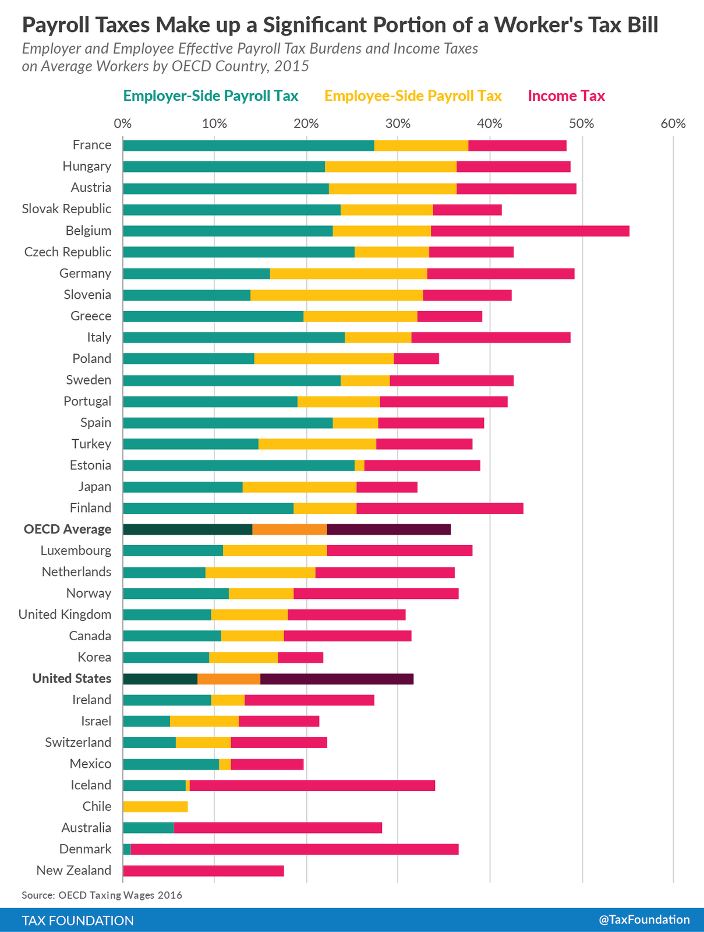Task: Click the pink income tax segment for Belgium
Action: (x=530, y=231)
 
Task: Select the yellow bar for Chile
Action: (x=155, y=806)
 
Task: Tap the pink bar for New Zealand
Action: (x=203, y=870)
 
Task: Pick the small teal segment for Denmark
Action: (x=127, y=849)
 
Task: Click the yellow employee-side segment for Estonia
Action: (x=359, y=465)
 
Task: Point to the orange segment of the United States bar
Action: (x=229, y=679)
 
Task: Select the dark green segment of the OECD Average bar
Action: (x=188, y=529)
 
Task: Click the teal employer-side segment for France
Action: (x=249, y=146)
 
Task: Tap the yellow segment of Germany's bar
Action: (x=348, y=273)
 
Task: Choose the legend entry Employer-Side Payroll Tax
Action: (x=210, y=96)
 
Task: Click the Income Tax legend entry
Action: (x=566, y=96)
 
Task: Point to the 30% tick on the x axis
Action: (x=398, y=123)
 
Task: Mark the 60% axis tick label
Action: (x=674, y=123)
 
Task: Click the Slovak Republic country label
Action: (x=66, y=209)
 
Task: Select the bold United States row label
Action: (x=72, y=678)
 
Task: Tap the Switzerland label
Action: (x=78, y=742)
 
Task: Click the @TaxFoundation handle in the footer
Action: (x=644, y=919)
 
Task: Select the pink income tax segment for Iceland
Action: (x=312, y=785)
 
